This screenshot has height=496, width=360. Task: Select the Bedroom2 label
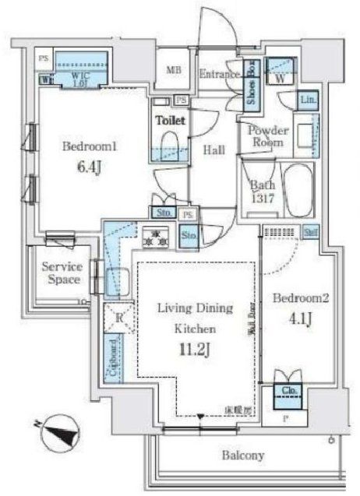(294, 297)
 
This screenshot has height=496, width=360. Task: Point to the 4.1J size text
(293, 318)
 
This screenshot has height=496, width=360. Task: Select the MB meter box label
(174, 70)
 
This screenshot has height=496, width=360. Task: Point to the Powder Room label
(268, 138)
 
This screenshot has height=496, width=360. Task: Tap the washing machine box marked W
(279, 76)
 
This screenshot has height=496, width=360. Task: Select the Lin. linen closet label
(309, 100)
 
